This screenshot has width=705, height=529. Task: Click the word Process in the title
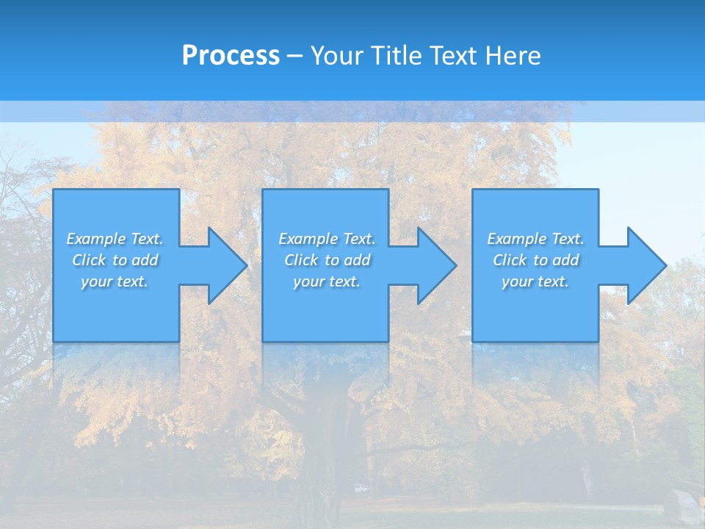(231, 56)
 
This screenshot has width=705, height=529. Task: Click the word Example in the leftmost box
(96, 239)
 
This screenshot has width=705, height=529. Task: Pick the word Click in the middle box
(301, 260)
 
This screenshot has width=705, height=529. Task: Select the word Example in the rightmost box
(517, 239)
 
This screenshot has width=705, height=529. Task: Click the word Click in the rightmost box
(510, 260)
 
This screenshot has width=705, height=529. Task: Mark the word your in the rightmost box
(516, 282)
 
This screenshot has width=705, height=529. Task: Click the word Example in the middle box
(308, 239)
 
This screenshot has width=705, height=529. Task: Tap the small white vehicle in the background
(360, 488)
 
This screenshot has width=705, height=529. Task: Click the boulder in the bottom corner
(681, 507)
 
